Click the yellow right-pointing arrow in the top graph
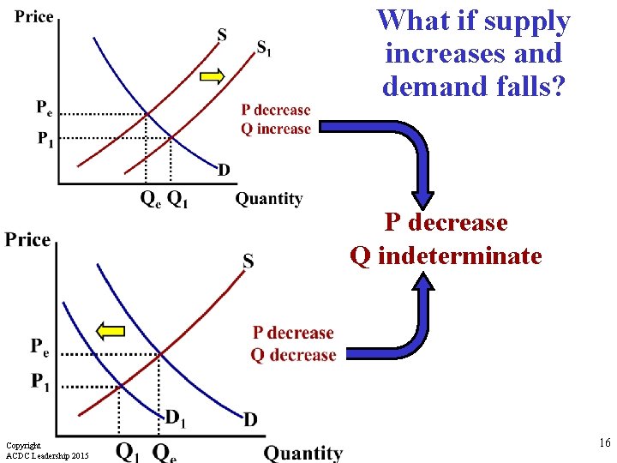point(212,76)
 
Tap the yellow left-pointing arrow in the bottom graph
point(111,330)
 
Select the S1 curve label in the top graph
point(266,48)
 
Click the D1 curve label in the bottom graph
point(176,418)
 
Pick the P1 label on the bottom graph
point(40,381)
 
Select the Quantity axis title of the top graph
point(269,199)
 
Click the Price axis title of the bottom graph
point(27,239)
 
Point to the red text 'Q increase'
point(276,129)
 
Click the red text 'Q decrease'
point(293,355)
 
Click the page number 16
point(604,443)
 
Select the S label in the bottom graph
point(248,262)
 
